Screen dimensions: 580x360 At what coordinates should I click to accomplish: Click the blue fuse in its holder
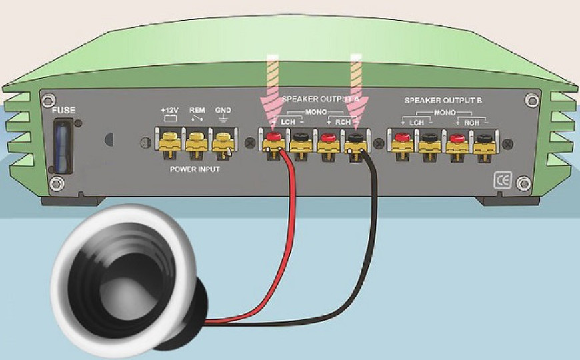click(x=63, y=146)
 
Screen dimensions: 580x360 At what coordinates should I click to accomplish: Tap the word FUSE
click(x=63, y=110)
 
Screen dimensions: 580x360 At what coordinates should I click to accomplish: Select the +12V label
click(x=170, y=110)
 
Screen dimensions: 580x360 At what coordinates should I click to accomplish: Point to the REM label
click(x=197, y=110)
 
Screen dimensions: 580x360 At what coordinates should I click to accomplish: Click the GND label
click(x=223, y=110)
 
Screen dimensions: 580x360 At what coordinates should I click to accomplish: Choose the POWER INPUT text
click(x=195, y=169)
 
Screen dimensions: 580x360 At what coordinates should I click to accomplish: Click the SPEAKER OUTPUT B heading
click(x=443, y=100)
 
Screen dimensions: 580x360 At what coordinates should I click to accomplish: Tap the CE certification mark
click(x=503, y=181)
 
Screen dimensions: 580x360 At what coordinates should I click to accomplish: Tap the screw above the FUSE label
click(x=49, y=100)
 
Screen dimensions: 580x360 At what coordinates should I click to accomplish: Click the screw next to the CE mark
click(x=523, y=183)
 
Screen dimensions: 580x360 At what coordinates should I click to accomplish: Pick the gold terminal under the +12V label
click(x=170, y=143)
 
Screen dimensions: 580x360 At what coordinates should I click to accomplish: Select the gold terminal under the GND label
click(x=223, y=143)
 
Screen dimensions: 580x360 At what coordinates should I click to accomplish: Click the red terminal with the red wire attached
click(x=274, y=136)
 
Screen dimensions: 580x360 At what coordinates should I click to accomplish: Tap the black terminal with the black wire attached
click(x=356, y=137)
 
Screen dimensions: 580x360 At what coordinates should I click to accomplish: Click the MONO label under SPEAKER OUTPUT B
click(x=444, y=113)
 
